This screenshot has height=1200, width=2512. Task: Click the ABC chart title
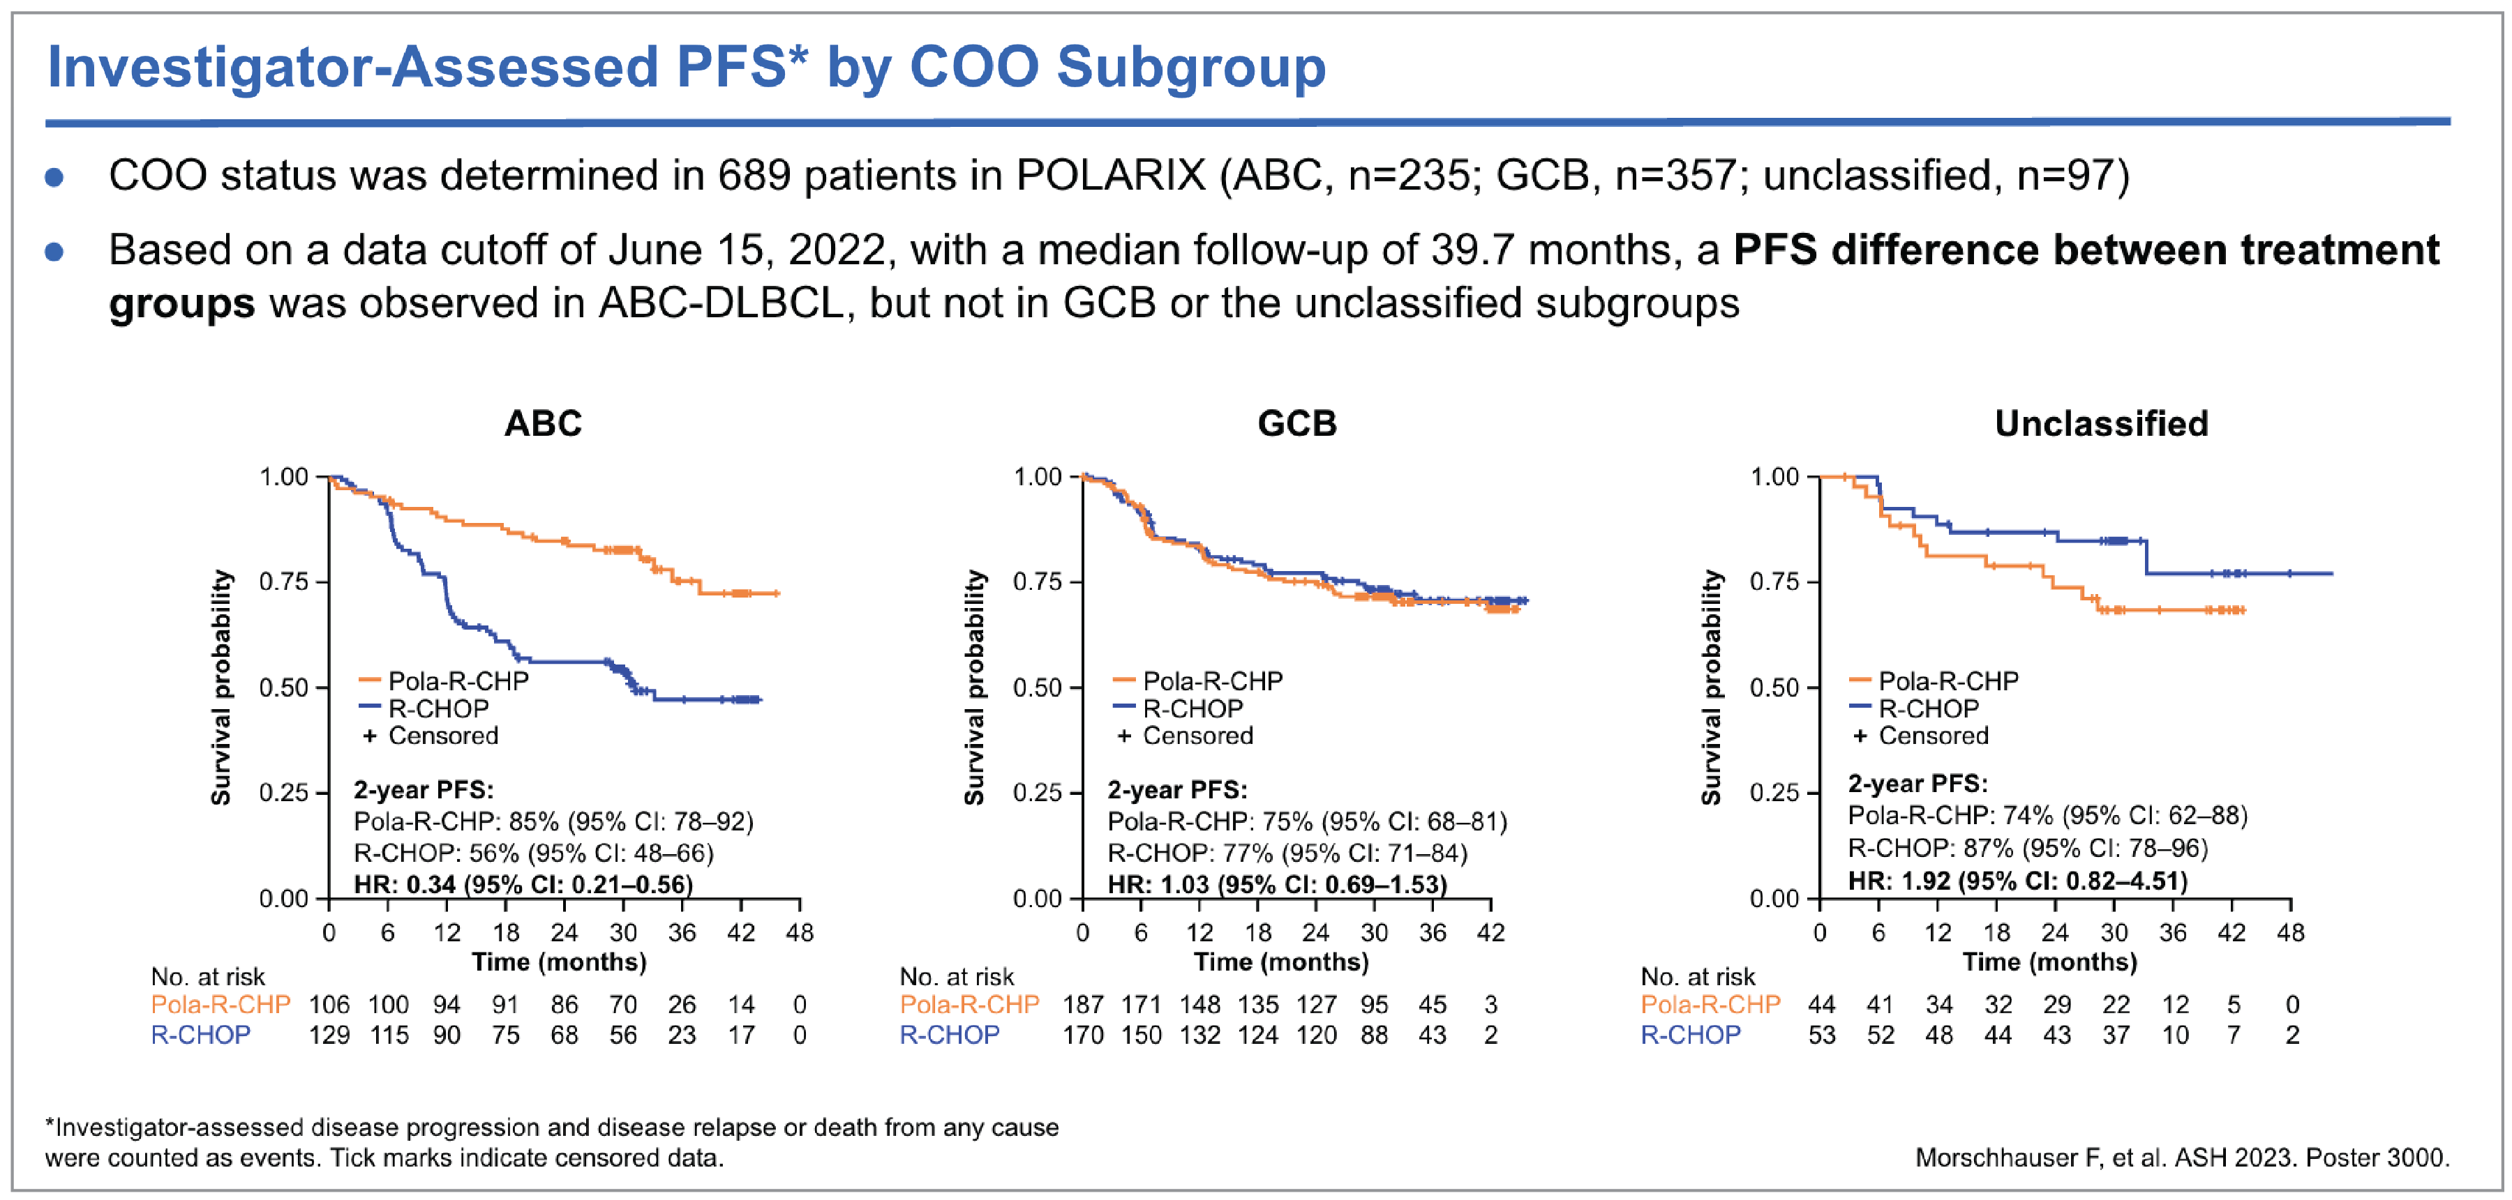[x=543, y=423]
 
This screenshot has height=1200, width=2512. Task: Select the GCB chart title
[x=1297, y=423]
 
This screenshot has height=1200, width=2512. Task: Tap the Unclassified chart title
[x=2102, y=423]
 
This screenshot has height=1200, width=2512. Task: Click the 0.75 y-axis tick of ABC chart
[x=283, y=582]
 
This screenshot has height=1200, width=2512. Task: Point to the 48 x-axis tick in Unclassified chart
[x=2291, y=933]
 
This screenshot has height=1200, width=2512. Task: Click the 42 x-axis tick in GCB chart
[x=1490, y=933]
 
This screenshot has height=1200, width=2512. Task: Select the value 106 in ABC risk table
[x=329, y=1004]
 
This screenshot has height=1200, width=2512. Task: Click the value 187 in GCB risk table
[x=1082, y=1004]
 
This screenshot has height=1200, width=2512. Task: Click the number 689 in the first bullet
[x=754, y=176]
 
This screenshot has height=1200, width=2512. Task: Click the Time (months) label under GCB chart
[x=1280, y=962]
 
